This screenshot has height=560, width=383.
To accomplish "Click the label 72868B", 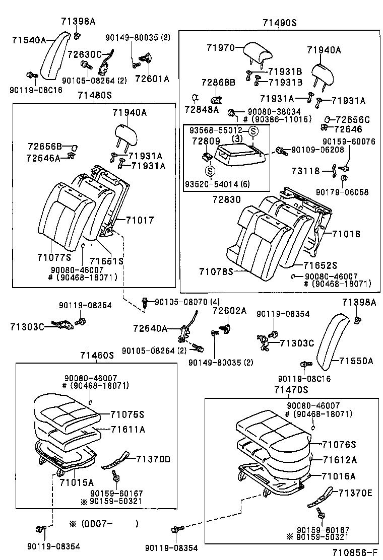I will coord(204,82).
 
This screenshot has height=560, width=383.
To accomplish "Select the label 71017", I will coord(140,220).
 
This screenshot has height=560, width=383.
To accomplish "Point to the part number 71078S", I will coord(216,271).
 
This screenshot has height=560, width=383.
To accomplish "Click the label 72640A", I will coord(150,328).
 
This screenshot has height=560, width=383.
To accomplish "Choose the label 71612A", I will coord(339,460).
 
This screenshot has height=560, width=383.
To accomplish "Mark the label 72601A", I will coord(151,79).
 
